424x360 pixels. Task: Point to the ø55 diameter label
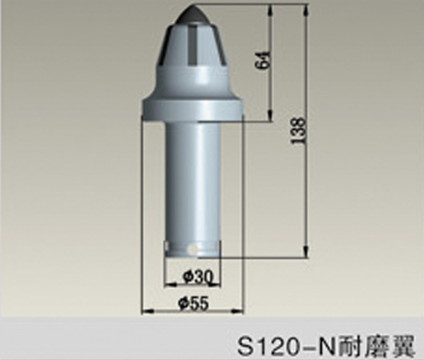tap(192, 304)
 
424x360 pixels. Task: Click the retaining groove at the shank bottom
tap(193, 245)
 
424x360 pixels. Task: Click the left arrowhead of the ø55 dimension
tap(146, 311)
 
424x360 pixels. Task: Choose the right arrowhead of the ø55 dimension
tap(241, 311)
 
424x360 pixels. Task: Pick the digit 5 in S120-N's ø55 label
tap(197, 304)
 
